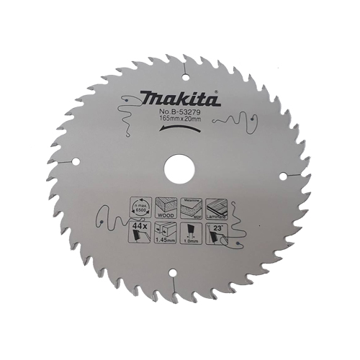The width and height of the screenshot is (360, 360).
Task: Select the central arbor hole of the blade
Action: click(x=178, y=169)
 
